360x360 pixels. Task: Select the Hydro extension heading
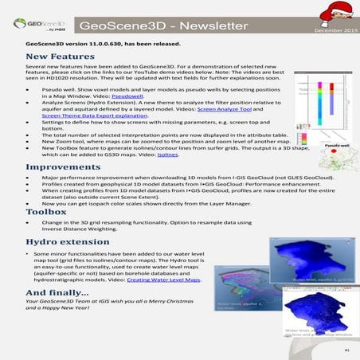click(67, 241)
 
